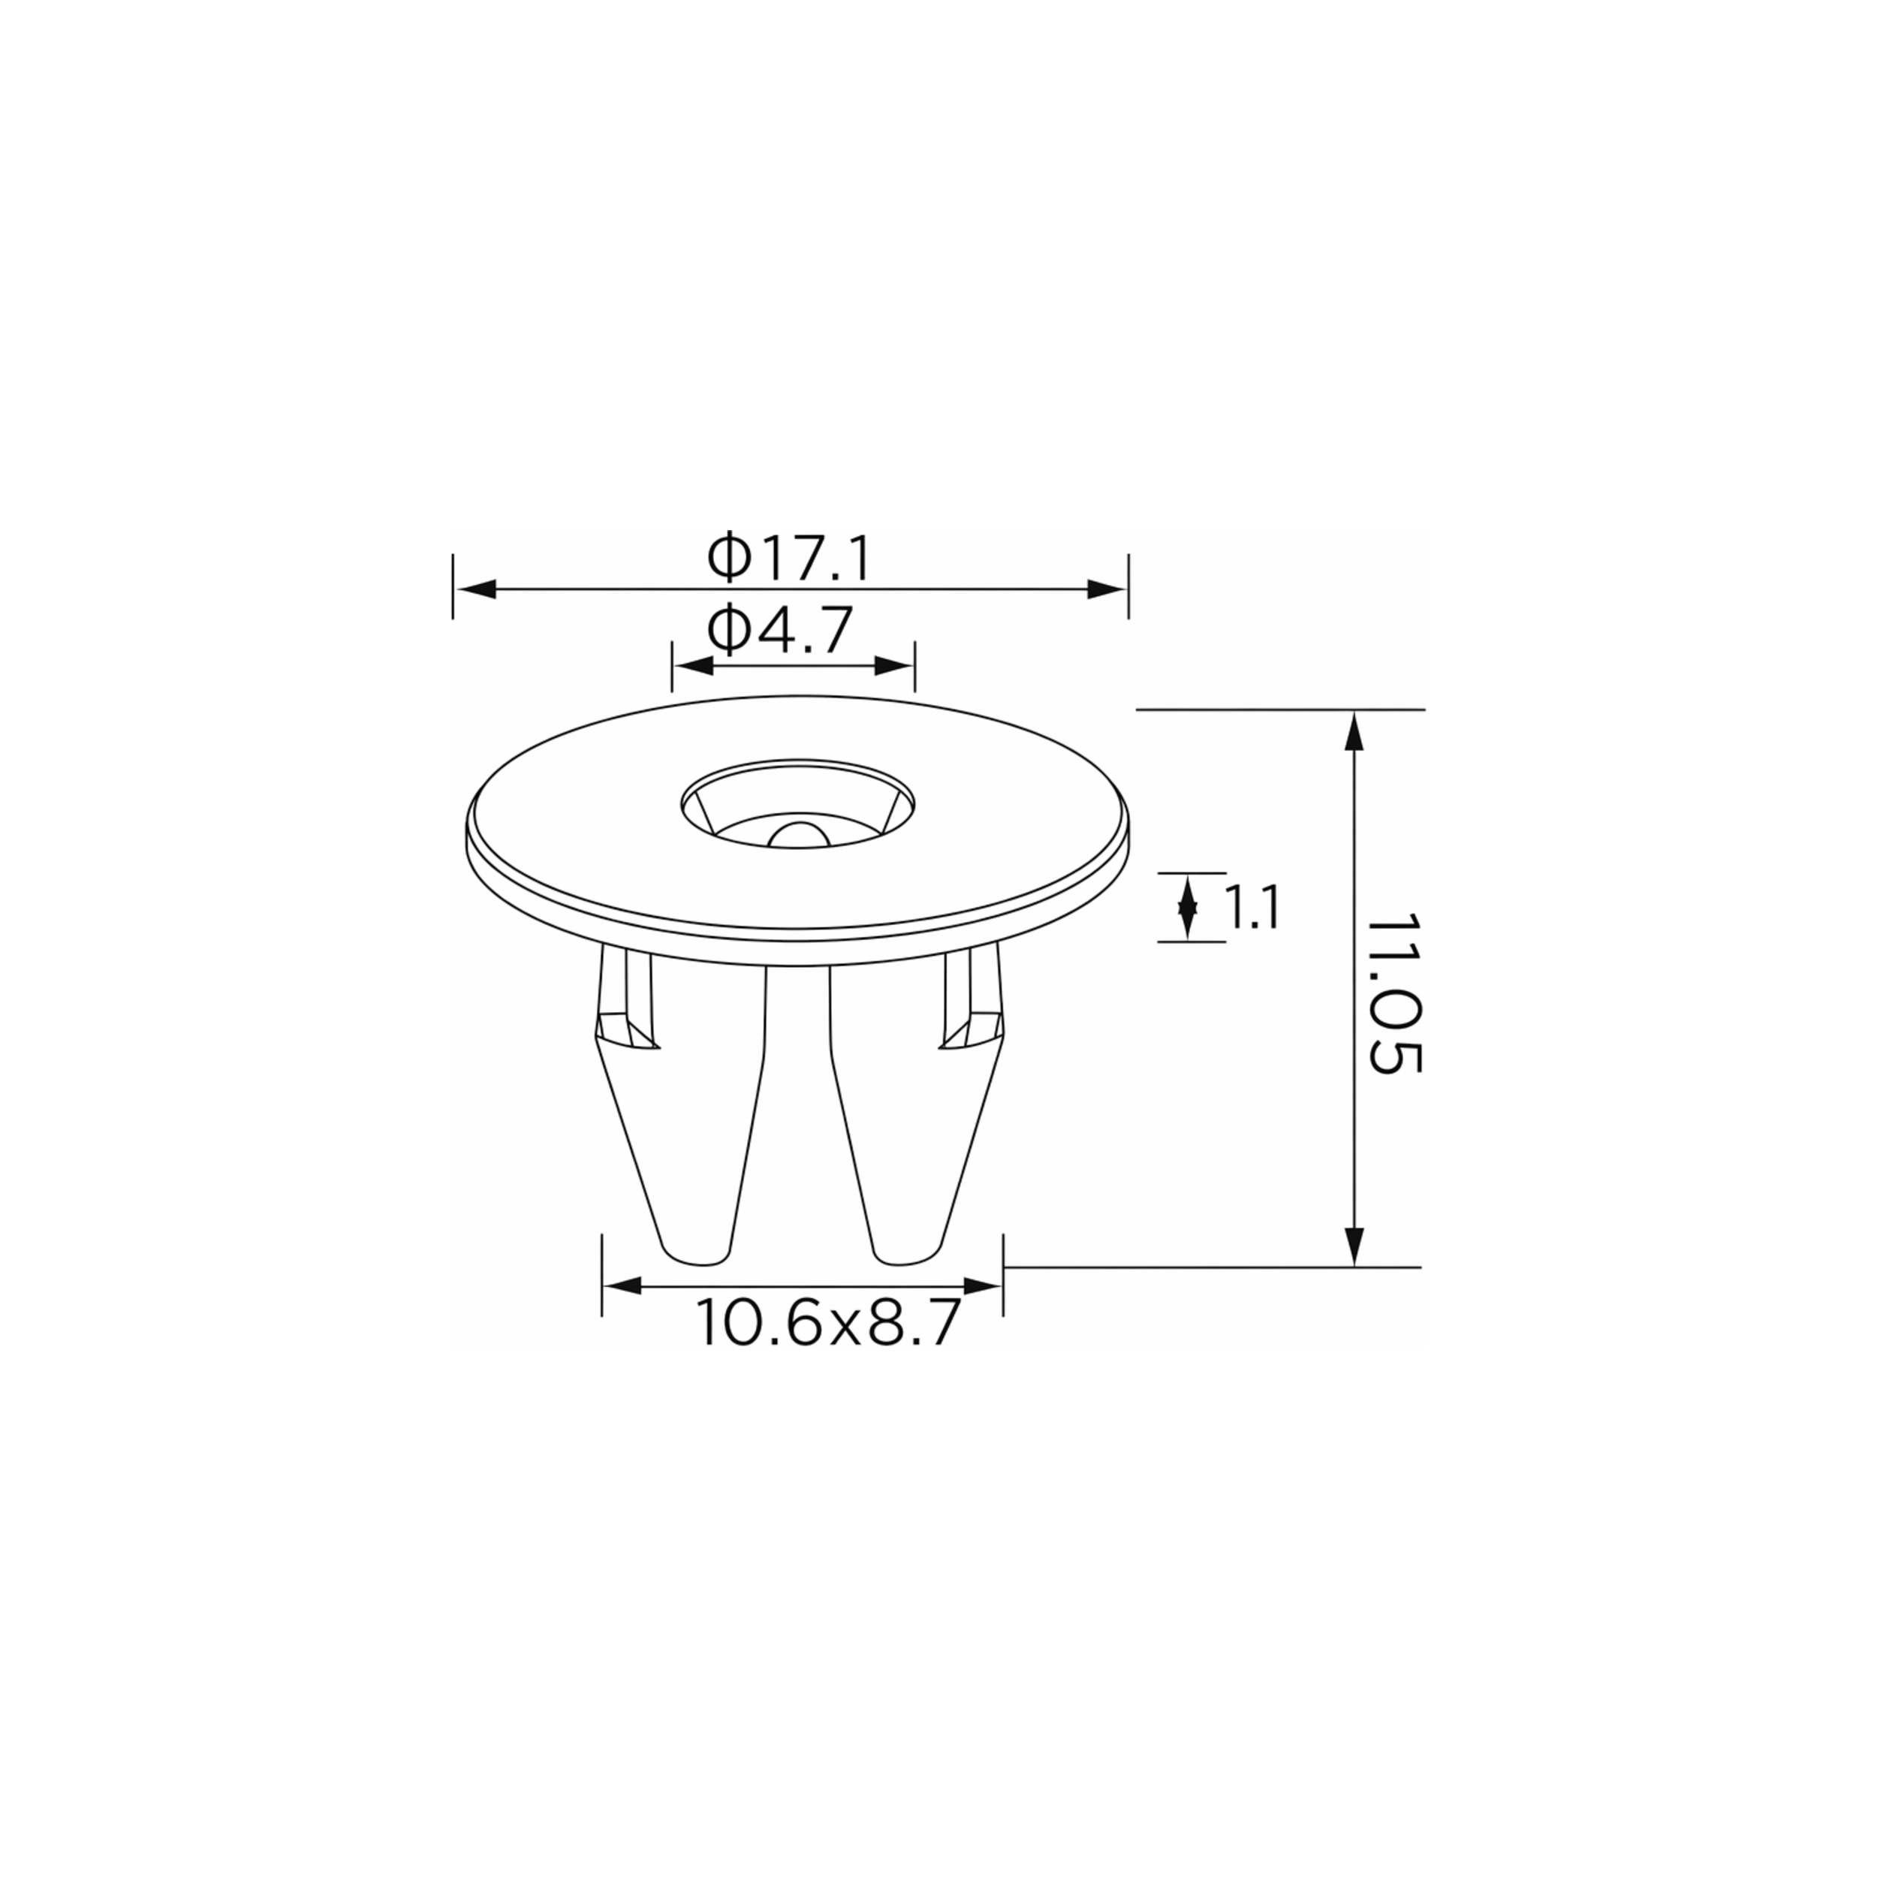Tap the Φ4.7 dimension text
(x=780, y=630)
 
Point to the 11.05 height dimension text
(x=1394, y=991)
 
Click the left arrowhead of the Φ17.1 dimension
(x=476, y=589)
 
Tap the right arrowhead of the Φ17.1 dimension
(x=1107, y=589)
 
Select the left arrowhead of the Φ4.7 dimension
(x=694, y=665)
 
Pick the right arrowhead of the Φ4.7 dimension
(x=893, y=665)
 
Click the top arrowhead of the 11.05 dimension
(x=1354, y=731)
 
